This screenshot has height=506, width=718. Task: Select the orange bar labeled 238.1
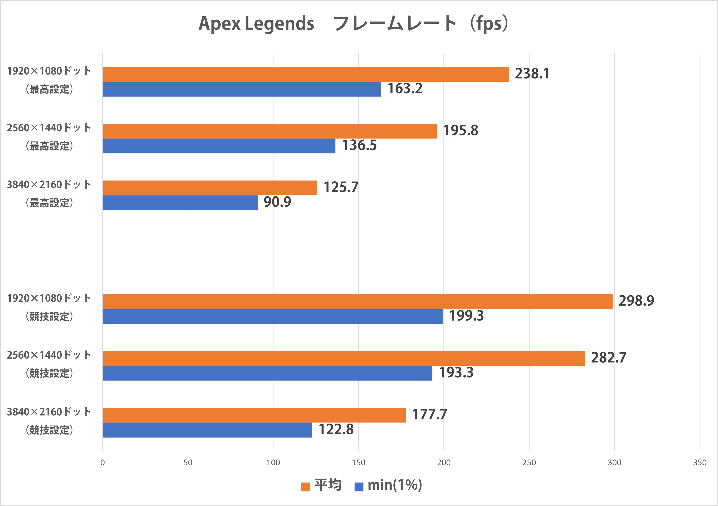306,74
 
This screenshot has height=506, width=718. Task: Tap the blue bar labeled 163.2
242,89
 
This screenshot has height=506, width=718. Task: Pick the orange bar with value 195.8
270,131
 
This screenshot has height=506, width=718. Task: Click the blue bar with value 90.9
180,203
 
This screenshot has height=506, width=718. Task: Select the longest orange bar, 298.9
357,301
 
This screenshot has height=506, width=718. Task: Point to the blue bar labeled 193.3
267,373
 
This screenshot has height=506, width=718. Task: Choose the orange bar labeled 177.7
254,415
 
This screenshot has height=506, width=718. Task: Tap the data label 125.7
341,187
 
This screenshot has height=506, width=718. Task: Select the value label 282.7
608,358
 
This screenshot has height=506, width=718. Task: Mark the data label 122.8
336,430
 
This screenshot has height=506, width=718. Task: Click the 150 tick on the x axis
358,463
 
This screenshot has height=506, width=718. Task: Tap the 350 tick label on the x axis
700,463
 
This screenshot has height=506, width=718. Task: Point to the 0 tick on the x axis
103,463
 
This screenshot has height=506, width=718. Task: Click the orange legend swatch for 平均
305,487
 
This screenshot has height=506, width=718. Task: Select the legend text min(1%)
395,485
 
